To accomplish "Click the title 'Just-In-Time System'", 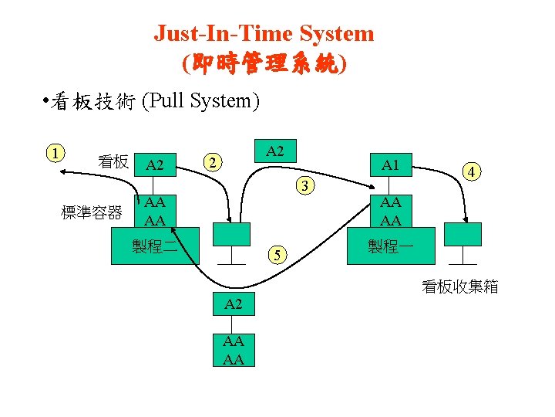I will [264, 33].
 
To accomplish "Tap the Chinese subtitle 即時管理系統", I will [264, 63].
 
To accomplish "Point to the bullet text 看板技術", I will [93, 101].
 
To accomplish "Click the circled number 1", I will [55, 151].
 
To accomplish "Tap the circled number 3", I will [306, 185].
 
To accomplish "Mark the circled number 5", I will [281, 256].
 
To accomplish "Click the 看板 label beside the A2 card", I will [113, 162].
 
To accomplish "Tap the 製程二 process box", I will [155, 248].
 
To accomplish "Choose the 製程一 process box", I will [391, 248].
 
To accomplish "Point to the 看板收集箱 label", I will [460, 287].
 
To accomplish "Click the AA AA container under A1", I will [391, 212].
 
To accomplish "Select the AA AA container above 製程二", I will [155, 212].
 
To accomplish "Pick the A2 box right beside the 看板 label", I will [155, 164].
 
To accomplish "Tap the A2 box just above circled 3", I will [274, 151].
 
